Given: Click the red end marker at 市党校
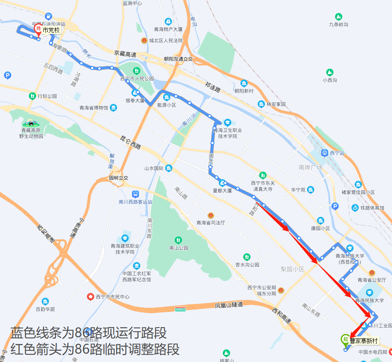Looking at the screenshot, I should click(38, 29).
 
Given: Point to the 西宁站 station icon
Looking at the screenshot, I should click(324, 153).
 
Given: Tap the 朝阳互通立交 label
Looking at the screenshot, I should click(178, 59).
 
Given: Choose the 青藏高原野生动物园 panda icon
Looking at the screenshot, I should click(30, 123).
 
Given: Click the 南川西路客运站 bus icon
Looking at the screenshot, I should click(136, 194).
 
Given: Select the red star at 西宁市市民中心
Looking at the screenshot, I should click(90, 297).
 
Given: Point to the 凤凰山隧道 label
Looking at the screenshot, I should click(229, 305).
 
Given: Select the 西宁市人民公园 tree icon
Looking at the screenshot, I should click(137, 71).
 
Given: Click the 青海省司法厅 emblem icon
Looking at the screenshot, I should click(210, 215).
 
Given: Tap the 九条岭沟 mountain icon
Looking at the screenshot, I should click(338, 17).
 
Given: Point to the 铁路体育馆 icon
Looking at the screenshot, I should click(355, 208).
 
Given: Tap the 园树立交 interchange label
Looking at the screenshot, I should click(118, 178).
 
